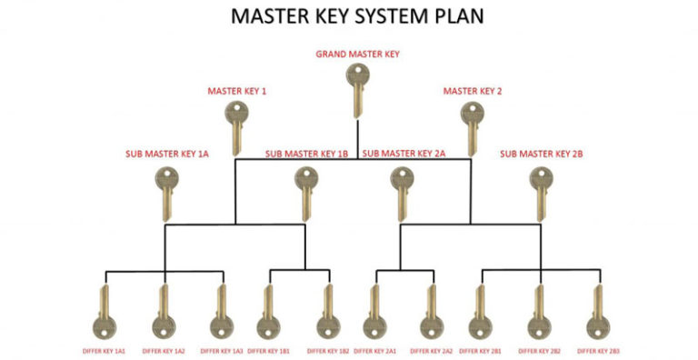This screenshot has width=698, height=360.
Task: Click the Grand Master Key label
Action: coord(357,55)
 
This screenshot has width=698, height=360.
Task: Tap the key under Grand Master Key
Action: coord(357,91)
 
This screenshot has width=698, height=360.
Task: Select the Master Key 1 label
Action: coord(236,91)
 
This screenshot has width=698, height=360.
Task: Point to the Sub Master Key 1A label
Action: coord(167,154)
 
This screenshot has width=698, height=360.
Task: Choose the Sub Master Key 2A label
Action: coord(403,154)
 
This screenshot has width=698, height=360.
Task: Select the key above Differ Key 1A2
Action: coord(164,314)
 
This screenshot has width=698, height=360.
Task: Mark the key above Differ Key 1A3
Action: coord(221,314)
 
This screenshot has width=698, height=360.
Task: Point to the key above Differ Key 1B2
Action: coord(327,314)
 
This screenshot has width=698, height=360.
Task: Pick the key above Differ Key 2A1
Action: coord(374,314)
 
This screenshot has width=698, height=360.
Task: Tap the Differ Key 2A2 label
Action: coord(432,350)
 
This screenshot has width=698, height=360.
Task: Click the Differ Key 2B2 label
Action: coord(543,350)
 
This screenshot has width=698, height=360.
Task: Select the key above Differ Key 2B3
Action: coord(597,314)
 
